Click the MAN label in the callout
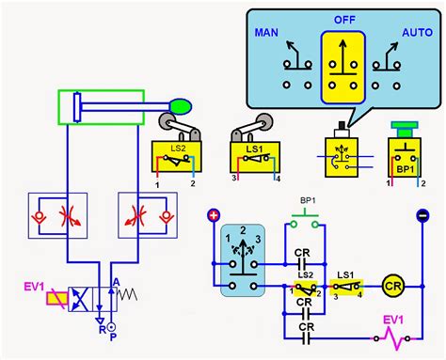266,33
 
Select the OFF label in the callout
342,19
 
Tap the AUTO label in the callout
417,33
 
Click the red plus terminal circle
214,214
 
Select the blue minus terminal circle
422,214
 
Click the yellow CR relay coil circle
393,285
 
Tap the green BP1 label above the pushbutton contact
307,201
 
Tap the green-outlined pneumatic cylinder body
98,106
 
